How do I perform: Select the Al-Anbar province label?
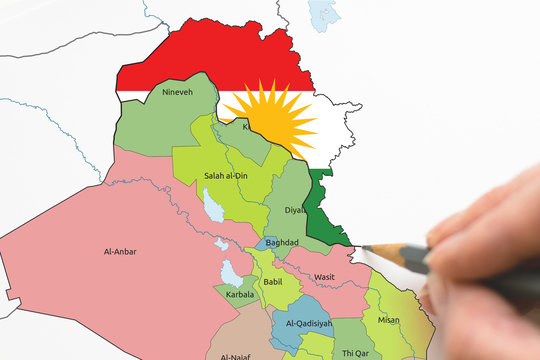pos(120,252)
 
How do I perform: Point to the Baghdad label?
pos(284,243)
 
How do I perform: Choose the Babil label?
pos(273,283)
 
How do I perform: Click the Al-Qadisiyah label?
pos(308,324)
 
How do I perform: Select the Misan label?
pos(388,320)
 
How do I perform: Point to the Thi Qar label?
pos(356,352)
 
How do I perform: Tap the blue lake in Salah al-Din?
pos(212,205)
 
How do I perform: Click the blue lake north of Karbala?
pos(231,271)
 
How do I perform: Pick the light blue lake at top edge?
pos(324,12)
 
